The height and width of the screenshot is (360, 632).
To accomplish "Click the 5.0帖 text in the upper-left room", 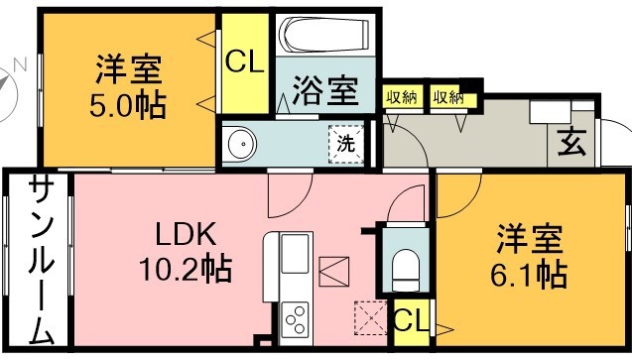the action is (130, 103).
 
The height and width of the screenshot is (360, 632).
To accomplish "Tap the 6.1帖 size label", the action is (531, 273).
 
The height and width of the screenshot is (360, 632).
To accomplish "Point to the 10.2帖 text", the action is (188, 268).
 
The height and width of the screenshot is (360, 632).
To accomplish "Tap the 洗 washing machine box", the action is (345, 144).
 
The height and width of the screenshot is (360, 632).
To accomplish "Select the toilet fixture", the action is (405, 265).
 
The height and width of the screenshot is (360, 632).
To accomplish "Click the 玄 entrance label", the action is (570, 145).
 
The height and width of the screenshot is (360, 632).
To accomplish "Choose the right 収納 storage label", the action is (447, 97).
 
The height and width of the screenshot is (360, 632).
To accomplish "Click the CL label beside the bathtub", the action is (244, 62).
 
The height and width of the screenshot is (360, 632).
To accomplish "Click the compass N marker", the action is (19, 66).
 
